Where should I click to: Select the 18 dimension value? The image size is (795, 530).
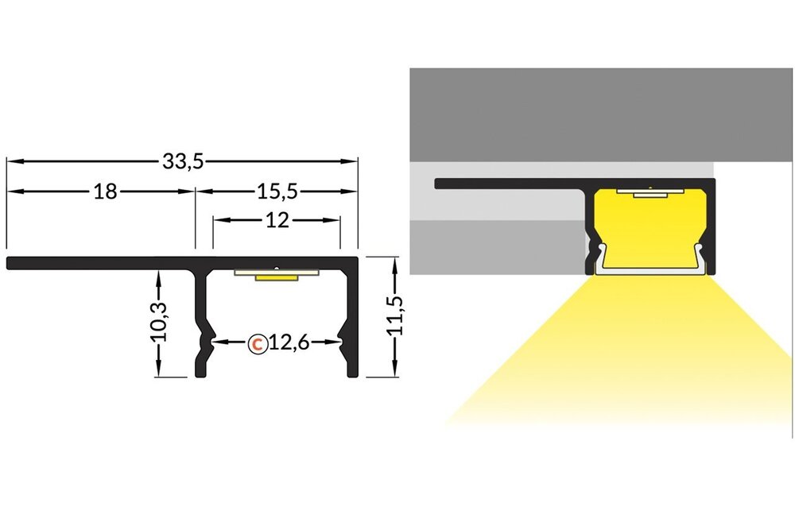(105, 191)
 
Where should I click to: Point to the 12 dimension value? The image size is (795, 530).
(277, 221)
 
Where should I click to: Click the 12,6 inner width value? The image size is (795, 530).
(287, 343)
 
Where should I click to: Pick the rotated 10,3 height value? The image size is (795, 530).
(159, 322)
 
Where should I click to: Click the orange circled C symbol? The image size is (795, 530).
(257, 343)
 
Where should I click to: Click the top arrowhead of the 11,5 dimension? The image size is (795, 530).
(394, 262)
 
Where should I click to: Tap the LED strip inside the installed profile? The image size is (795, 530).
(650, 192)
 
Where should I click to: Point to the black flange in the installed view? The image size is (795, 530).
(509, 184)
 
